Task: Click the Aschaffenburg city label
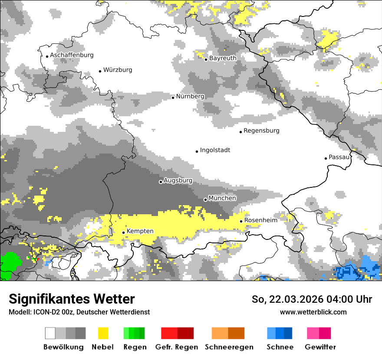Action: (72, 55)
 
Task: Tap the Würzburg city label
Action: (118, 70)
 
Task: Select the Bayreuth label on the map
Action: (223, 58)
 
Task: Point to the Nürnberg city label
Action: (190, 96)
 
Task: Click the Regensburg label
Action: (261, 131)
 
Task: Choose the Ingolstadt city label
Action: (215, 150)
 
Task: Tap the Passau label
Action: (339, 157)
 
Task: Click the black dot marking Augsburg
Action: (161, 182)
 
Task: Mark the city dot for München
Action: (205, 200)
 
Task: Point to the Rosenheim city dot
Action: (241, 222)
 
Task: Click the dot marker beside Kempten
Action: (123, 232)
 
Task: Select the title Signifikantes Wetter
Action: (72, 299)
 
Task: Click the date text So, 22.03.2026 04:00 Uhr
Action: (312, 299)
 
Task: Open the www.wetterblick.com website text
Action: (313, 312)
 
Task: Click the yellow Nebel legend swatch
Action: (103, 333)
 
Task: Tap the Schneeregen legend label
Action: (229, 347)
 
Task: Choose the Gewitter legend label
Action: (320, 347)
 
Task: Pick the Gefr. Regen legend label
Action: (177, 347)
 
